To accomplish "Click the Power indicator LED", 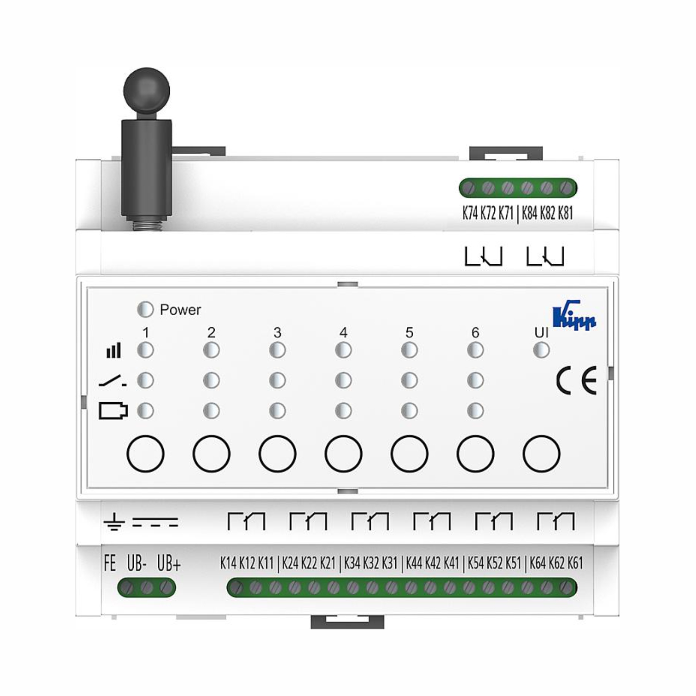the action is [145, 309].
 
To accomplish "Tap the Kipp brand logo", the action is [574, 316].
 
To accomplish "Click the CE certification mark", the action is [576, 380].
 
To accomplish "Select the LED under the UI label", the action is [541, 350].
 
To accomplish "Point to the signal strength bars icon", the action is [113, 350].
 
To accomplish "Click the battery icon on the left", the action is [113, 411].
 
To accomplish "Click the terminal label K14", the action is [228, 563].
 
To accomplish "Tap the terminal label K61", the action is [575, 563].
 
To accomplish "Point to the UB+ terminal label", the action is [169, 563].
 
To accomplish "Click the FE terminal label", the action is [110, 563].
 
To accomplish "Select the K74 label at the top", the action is [470, 213].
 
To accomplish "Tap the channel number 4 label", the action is [343, 332].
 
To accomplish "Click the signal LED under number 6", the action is [475, 350].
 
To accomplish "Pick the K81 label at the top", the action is [565, 213].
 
